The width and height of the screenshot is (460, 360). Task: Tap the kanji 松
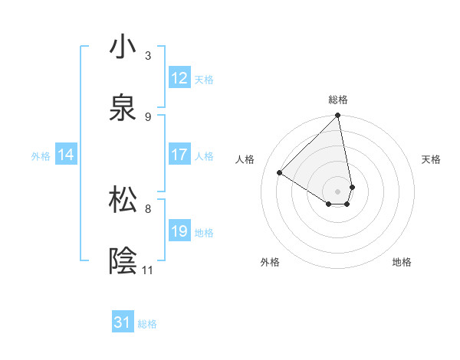[x=123, y=200]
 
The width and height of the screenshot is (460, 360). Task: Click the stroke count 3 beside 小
[x=148, y=55]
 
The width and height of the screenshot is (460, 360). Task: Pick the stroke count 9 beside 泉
[x=148, y=116]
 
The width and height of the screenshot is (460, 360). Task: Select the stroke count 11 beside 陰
[x=148, y=270]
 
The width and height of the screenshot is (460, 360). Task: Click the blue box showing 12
[x=179, y=78]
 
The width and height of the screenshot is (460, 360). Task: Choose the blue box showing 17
[x=179, y=155]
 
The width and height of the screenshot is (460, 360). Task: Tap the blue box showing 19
[x=179, y=231]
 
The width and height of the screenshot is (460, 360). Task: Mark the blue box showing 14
[x=66, y=155]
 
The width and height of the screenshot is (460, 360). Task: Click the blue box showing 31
[x=123, y=323]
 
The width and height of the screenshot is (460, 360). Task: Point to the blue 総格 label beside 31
[x=147, y=324]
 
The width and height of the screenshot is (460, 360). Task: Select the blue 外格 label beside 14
[x=41, y=155]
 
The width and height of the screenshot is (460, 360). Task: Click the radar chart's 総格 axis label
[x=338, y=100]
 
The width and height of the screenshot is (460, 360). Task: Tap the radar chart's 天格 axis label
[x=432, y=159]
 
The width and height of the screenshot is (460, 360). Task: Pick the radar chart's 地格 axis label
[x=402, y=262]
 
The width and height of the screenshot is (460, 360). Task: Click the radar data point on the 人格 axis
[x=280, y=172]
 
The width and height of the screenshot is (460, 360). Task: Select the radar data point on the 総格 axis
[x=338, y=116]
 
